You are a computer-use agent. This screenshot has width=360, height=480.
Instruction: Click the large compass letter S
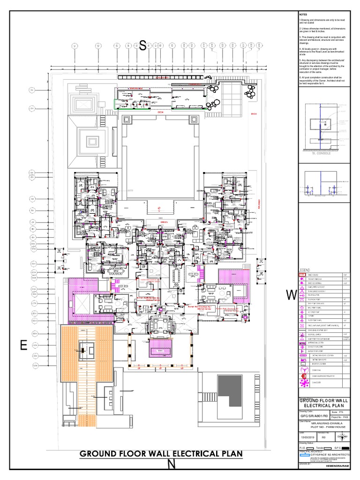tap(142, 45)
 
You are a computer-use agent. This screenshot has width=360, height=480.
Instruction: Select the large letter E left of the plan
tap(21, 346)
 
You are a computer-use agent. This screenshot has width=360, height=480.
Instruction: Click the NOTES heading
tap(303, 15)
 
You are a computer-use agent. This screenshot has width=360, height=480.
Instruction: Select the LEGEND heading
tap(306, 270)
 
